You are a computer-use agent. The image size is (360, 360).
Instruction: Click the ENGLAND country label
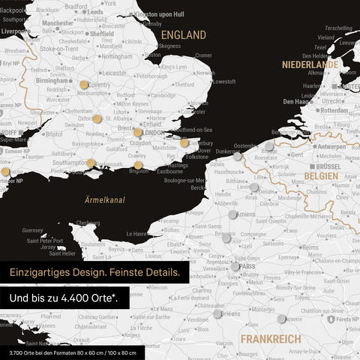click(x=184, y=35)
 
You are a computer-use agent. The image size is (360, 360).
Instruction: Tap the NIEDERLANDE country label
click(x=310, y=64)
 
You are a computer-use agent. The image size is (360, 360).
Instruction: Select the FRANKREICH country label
click(x=270, y=339)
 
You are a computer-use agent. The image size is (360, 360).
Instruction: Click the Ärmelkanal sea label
click(x=104, y=200)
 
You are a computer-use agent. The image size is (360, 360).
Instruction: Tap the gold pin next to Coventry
click(x=83, y=85)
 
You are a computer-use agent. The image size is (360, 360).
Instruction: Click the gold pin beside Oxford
click(x=97, y=118)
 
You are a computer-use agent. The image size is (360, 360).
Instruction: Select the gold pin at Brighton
click(x=138, y=165)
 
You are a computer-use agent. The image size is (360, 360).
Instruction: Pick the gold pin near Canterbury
click(x=184, y=142)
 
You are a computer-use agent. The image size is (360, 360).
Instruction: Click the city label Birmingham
click(x=53, y=82)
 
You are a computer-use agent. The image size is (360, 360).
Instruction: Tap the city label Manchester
click(x=58, y=23)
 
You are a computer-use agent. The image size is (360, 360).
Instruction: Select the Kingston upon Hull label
click(x=161, y=14)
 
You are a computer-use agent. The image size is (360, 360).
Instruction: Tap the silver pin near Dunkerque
click(x=238, y=157)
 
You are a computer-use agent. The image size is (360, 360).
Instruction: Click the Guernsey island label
click(x=33, y=230)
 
